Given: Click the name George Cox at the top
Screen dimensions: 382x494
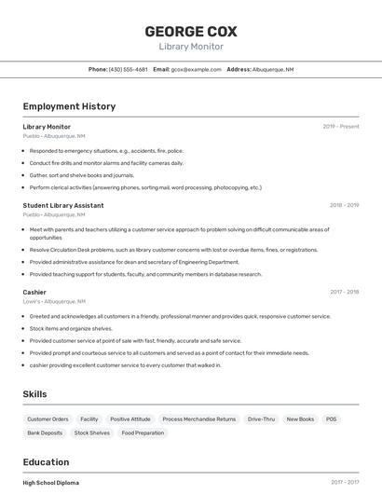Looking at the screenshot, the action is pyautogui.click(x=190, y=31).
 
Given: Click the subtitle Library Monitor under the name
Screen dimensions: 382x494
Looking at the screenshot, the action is pyautogui.click(x=190, y=47).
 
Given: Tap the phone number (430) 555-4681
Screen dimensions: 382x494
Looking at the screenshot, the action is pyautogui.click(x=128, y=69).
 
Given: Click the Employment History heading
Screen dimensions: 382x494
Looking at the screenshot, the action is pyautogui.click(x=69, y=106).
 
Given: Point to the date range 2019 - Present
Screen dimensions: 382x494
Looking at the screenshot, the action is pyautogui.click(x=340, y=127).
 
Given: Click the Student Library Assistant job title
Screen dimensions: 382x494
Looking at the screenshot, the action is pyautogui.click(x=63, y=205).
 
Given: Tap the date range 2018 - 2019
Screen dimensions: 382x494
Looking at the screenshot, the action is pyautogui.click(x=344, y=205).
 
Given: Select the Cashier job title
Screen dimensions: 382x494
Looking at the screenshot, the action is pyautogui.click(x=34, y=292).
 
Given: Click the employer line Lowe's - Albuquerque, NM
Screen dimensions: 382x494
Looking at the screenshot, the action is pyautogui.click(x=54, y=302).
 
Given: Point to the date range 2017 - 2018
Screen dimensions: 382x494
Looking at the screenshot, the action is pyautogui.click(x=344, y=292).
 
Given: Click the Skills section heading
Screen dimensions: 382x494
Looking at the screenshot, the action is pyautogui.click(x=35, y=394).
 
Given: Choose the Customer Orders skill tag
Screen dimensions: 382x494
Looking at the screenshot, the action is pyautogui.click(x=48, y=419).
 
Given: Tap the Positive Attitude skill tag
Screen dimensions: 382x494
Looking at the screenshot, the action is pyautogui.click(x=130, y=419).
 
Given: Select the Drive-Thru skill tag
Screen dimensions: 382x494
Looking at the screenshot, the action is pyautogui.click(x=261, y=419).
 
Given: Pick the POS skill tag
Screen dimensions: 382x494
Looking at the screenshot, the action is pyautogui.click(x=331, y=419).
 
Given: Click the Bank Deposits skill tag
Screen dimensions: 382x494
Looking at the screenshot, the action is pyautogui.click(x=45, y=432).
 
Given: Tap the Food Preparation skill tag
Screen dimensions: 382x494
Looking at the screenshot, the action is pyautogui.click(x=142, y=432).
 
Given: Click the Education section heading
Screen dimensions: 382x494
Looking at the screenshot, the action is pyautogui.click(x=46, y=462).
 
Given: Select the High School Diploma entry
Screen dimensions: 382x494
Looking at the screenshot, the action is pyautogui.click(x=51, y=483).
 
